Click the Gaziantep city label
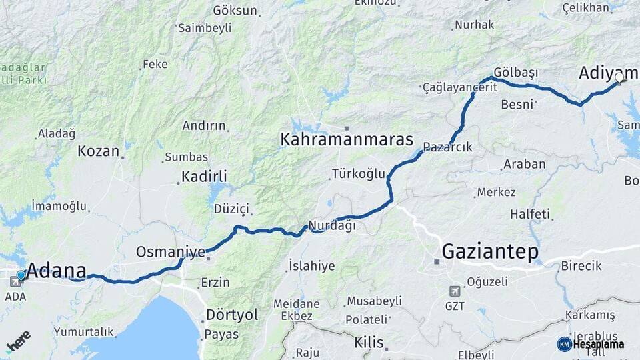(x=490, y=252)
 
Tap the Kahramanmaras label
(x=347, y=140)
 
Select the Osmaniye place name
(x=170, y=252)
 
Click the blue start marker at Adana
(x=21, y=275)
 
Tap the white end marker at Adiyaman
(x=619, y=78)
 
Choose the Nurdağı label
(x=332, y=225)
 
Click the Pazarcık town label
(x=447, y=147)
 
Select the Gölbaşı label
(x=515, y=71)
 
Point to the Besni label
(x=517, y=104)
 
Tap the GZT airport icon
(x=455, y=291)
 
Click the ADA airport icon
(x=15, y=281)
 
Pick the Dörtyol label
(x=232, y=315)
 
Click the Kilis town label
(x=369, y=343)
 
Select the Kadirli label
(x=204, y=177)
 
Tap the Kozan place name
(x=98, y=151)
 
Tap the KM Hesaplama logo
(x=591, y=344)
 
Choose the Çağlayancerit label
(x=460, y=87)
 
